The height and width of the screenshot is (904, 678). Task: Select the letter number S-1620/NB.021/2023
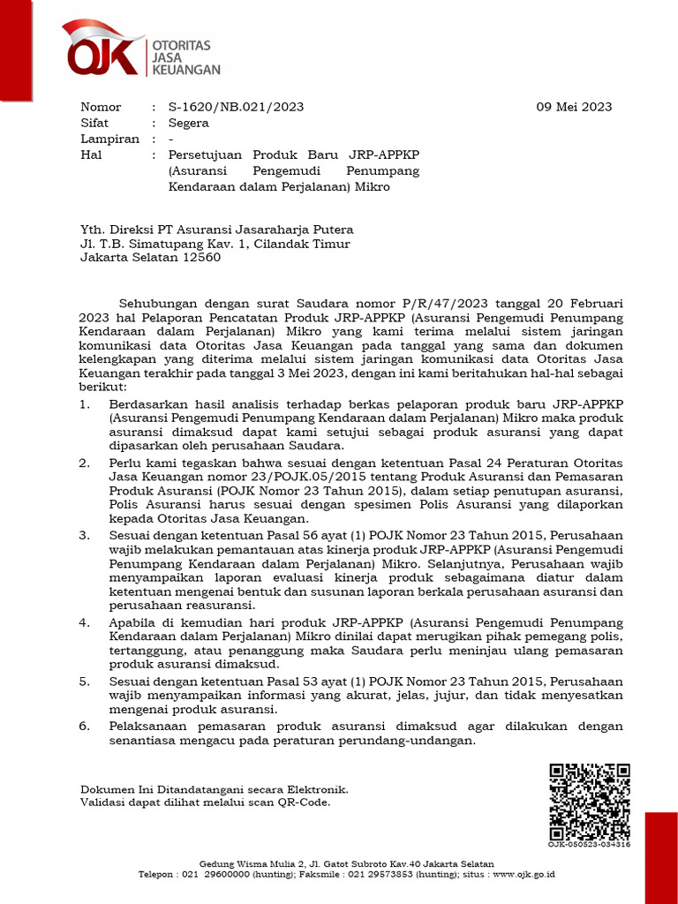click(x=236, y=107)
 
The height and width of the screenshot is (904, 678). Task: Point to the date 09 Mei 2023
click(x=574, y=107)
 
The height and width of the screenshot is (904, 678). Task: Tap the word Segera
click(x=188, y=123)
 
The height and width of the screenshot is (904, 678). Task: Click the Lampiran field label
click(x=109, y=139)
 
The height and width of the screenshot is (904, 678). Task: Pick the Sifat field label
click(x=94, y=123)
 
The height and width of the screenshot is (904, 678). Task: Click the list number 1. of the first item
click(x=85, y=403)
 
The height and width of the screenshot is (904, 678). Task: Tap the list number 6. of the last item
click(x=85, y=726)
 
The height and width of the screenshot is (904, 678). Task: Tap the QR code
click(x=589, y=801)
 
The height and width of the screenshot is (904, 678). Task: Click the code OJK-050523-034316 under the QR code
click(x=589, y=844)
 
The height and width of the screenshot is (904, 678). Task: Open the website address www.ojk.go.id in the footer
click(x=524, y=874)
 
